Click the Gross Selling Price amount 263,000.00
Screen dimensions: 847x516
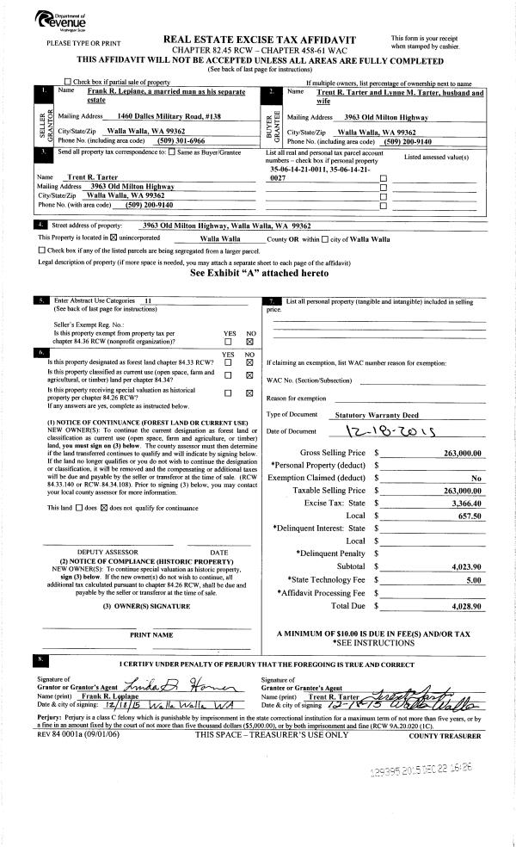pos(461,453)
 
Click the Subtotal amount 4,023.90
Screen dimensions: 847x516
pos(465,567)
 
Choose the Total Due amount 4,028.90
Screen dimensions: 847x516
pos(465,606)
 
